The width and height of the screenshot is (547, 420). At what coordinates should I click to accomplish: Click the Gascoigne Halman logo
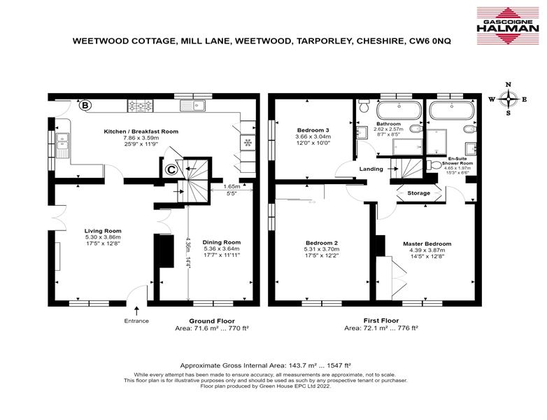(x=508, y=26)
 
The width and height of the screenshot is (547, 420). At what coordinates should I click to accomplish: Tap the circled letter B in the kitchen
(x=85, y=105)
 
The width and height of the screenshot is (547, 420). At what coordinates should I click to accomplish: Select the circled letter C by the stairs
(x=171, y=169)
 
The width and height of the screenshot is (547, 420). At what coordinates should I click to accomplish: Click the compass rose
(x=509, y=99)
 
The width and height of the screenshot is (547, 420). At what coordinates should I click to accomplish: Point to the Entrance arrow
(x=136, y=310)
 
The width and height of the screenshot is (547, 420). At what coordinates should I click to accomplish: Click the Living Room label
(x=103, y=231)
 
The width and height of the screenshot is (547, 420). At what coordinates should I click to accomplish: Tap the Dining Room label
(x=222, y=242)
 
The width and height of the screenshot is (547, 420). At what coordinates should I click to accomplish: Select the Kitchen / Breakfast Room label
(x=141, y=132)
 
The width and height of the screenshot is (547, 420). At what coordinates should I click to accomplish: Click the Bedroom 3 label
(x=313, y=130)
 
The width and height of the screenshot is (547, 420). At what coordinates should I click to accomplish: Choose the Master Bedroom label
(x=427, y=244)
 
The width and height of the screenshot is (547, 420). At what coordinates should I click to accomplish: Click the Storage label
(x=418, y=193)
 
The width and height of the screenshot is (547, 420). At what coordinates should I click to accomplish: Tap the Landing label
(x=371, y=169)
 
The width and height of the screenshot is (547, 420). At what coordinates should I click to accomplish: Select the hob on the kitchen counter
(x=141, y=106)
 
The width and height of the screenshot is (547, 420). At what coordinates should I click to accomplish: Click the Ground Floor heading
(x=212, y=321)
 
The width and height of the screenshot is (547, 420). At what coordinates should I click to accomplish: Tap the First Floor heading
(x=381, y=321)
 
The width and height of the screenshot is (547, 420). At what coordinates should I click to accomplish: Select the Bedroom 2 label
(x=322, y=243)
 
